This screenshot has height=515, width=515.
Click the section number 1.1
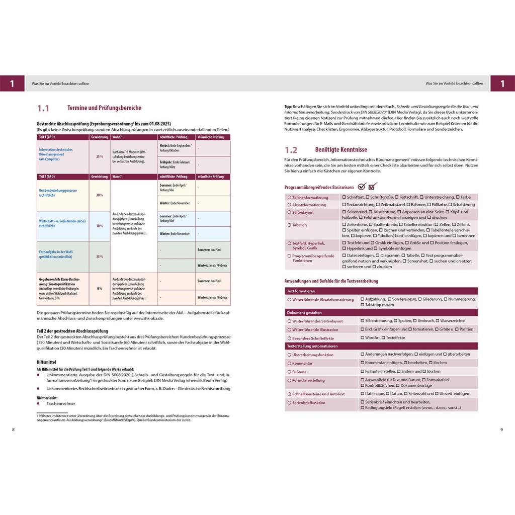(x=43, y=108)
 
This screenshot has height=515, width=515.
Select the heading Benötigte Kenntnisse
(x=341, y=150)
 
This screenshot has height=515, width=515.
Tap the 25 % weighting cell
(x=100, y=156)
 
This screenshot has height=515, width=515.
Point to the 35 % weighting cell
(x=100, y=256)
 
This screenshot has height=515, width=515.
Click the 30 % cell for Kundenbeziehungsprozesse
(x=100, y=195)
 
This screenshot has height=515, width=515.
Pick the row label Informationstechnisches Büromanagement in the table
(x=56, y=154)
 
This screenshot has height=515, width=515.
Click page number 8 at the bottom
(x=13, y=430)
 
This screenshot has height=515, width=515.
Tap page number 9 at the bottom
(x=501, y=430)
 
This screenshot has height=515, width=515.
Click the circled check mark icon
(x=362, y=187)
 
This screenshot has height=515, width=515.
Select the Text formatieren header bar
(x=301, y=291)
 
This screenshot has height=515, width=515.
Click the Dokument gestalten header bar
(x=304, y=312)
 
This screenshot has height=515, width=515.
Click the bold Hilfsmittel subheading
(x=47, y=362)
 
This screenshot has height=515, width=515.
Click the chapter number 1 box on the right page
(x=502, y=83)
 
